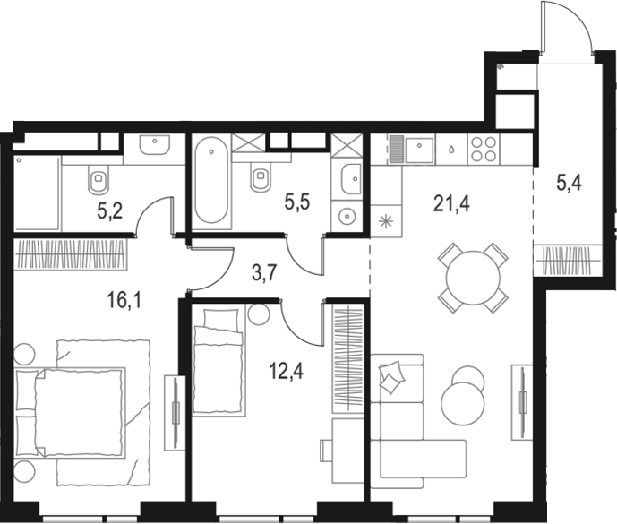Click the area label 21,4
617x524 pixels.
(x=451, y=204)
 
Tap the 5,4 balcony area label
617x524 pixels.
(x=569, y=183)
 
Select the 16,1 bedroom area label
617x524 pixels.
(x=124, y=301)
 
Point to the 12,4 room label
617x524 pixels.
(x=286, y=371)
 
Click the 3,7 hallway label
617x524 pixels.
(x=265, y=273)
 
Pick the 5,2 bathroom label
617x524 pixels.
(x=110, y=211)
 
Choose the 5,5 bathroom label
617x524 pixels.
(x=297, y=202)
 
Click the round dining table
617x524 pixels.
(x=473, y=278)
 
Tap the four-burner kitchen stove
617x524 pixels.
(x=484, y=149)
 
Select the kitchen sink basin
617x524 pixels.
(x=420, y=150)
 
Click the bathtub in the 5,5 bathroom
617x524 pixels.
(x=211, y=181)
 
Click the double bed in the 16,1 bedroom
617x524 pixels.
(x=82, y=413)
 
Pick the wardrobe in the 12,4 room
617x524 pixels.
(x=347, y=360)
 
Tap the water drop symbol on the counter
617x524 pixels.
(x=451, y=150)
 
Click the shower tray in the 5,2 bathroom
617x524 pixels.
(x=38, y=193)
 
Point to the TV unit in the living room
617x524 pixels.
(x=522, y=402)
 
